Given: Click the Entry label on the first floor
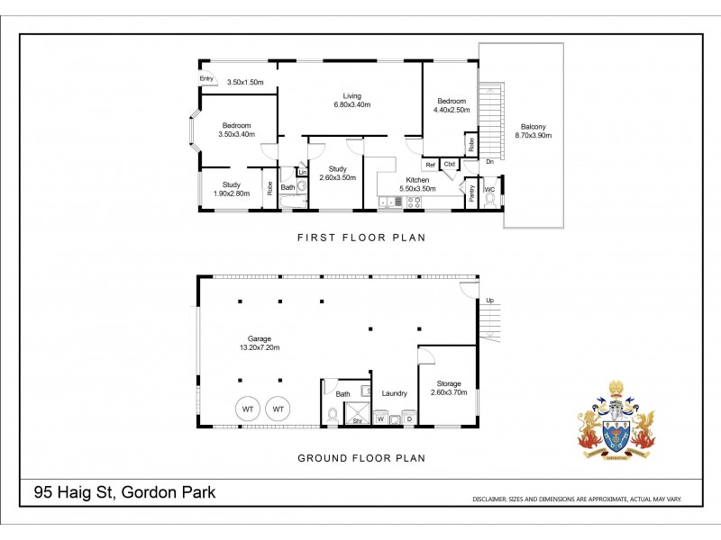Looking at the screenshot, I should coord(206,79).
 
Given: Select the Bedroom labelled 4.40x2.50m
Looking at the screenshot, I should coord(452,105).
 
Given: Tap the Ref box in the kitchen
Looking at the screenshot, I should coord(431,165).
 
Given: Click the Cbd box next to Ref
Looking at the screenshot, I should coord(449,165).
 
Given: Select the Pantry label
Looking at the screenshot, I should coord(471,193).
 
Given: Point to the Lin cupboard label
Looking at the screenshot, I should coord(303,172).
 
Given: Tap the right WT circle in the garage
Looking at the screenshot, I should coord(278,409).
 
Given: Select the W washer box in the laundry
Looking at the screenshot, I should coord(380,418).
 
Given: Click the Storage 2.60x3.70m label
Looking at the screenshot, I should coord(446,388).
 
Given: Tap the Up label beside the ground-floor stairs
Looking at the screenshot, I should coord(489,300).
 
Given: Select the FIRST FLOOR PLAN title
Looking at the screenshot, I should coord(360,238).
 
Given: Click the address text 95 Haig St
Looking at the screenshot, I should coord(124,493).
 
